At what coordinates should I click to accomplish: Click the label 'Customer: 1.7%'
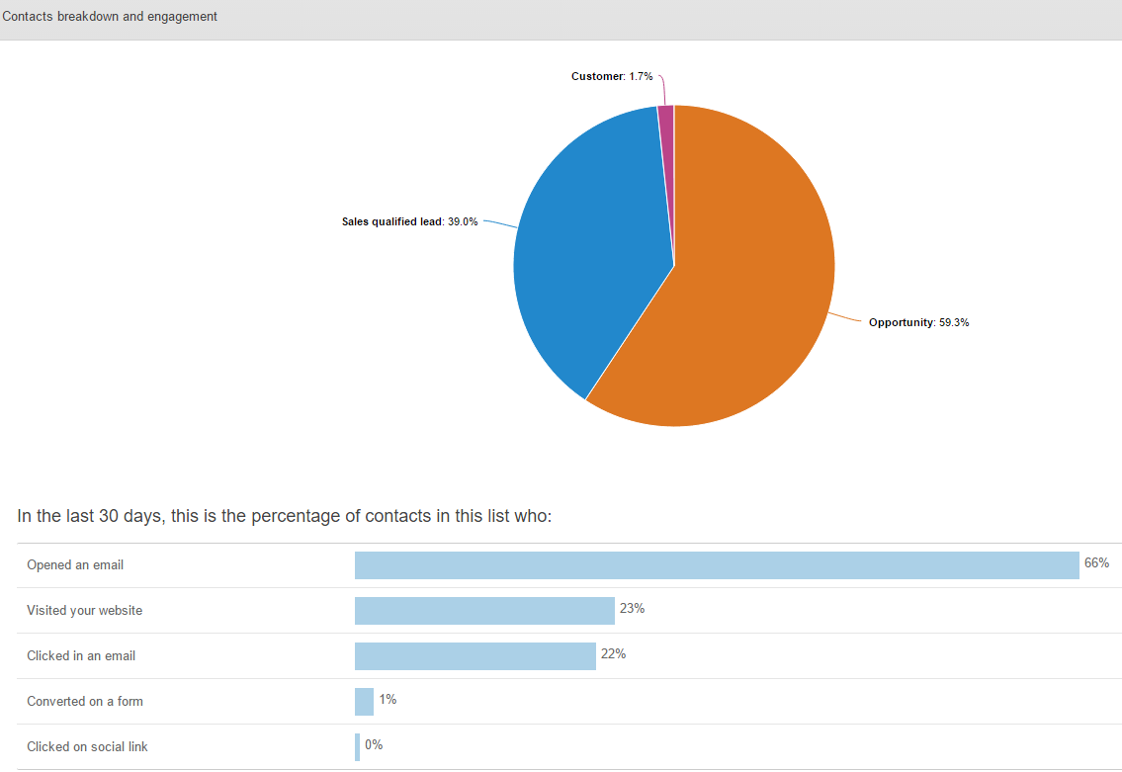(x=612, y=76)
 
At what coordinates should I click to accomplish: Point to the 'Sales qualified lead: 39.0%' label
(x=409, y=221)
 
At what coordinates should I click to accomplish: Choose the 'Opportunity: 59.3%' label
(x=918, y=322)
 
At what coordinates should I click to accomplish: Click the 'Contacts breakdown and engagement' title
(x=110, y=17)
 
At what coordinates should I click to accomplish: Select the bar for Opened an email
(x=717, y=565)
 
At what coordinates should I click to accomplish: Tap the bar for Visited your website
(x=484, y=611)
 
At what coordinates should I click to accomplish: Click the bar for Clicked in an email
(x=475, y=656)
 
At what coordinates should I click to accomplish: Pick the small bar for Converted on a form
(x=364, y=702)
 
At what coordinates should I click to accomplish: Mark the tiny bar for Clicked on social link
(x=357, y=747)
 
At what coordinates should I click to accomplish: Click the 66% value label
(x=1096, y=563)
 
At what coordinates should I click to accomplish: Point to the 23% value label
(x=632, y=609)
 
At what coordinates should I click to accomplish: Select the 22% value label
(x=613, y=654)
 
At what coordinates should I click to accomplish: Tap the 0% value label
(x=374, y=745)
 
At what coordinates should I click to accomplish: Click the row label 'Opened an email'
(x=75, y=565)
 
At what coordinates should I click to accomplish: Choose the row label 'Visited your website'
(x=85, y=611)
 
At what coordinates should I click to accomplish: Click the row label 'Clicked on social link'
(x=87, y=747)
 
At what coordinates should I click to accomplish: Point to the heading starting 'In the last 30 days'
(x=284, y=516)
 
